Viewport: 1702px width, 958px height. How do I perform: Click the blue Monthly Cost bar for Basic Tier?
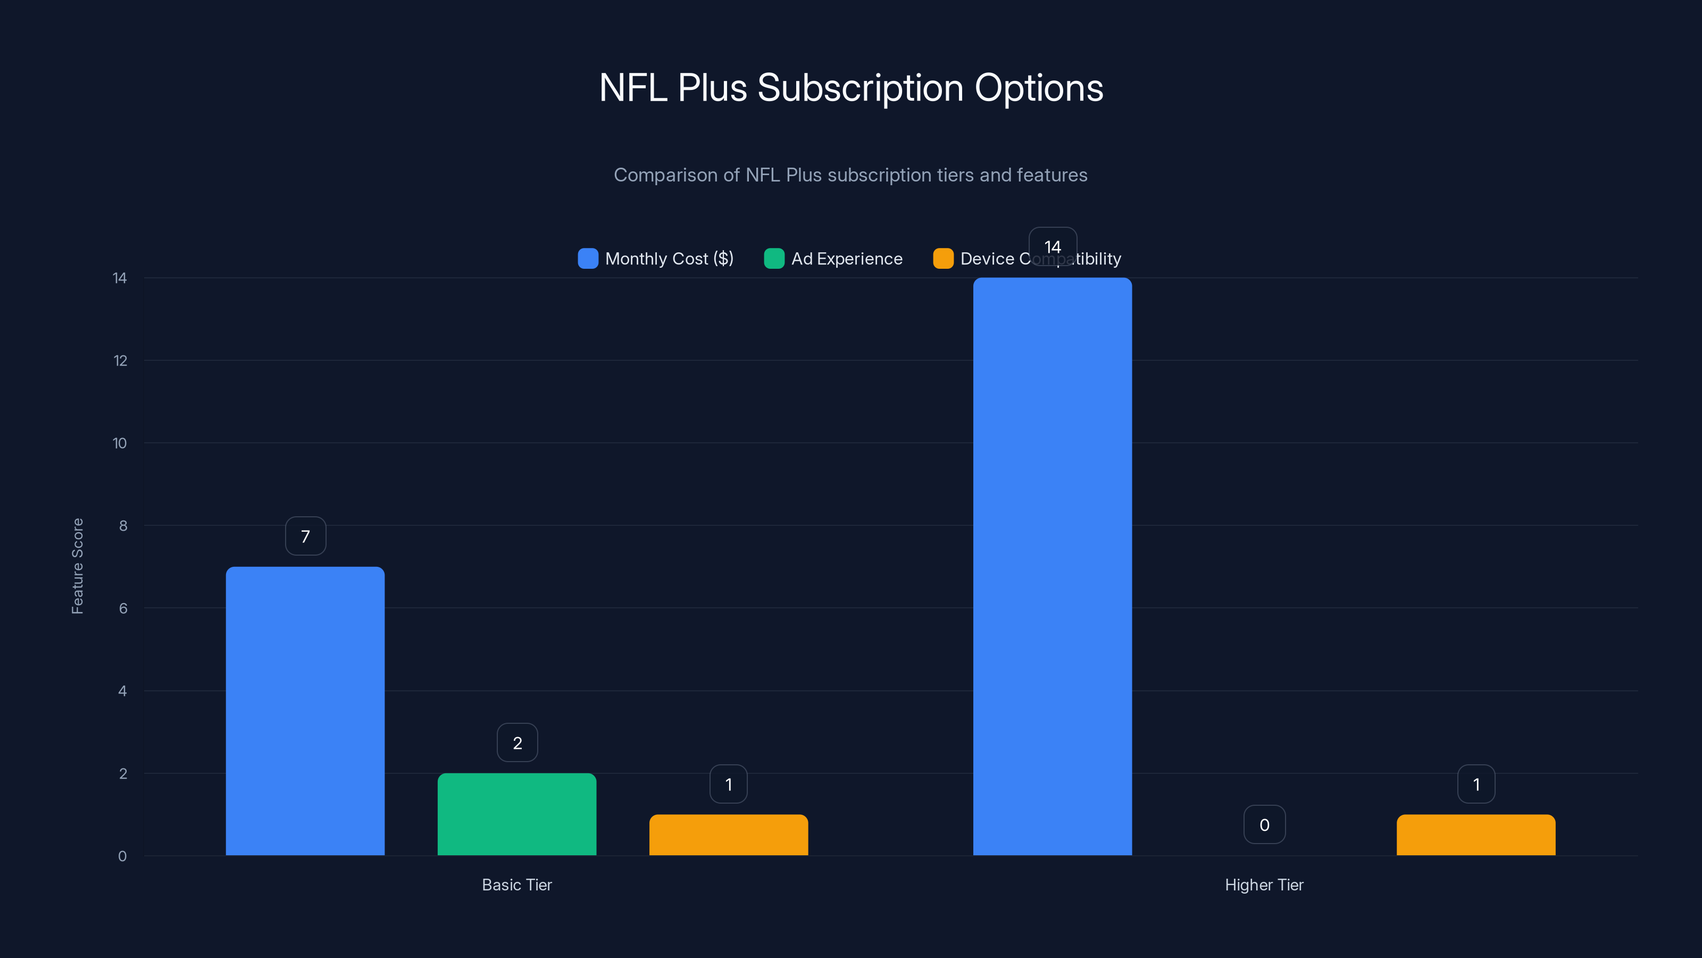click(x=305, y=711)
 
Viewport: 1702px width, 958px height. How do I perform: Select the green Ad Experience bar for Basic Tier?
click(x=516, y=814)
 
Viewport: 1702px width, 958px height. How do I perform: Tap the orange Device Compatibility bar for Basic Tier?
click(x=728, y=835)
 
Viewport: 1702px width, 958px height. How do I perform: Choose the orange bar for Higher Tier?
click(x=1475, y=835)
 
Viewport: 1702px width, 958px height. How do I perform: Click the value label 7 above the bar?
click(x=305, y=536)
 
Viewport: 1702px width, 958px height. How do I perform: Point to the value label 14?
click(x=1053, y=246)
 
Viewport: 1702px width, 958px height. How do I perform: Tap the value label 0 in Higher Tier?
click(x=1264, y=824)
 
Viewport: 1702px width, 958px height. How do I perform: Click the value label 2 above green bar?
click(x=518, y=742)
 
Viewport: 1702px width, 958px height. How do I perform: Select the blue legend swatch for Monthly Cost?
click(x=587, y=259)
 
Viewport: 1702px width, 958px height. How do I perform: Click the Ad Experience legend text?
click(x=846, y=259)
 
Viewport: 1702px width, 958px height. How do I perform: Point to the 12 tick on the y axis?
click(x=120, y=360)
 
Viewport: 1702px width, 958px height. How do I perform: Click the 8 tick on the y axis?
click(x=123, y=526)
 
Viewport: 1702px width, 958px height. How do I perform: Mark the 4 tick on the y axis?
click(x=122, y=691)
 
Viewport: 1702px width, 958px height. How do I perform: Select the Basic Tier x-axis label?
click(x=516, y=885)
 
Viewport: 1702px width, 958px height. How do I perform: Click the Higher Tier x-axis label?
click(x=1264, y=885)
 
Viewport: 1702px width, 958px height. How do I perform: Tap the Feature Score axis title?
click(x=77, y=566)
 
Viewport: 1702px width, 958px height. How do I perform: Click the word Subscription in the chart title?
click(x=860, y=88)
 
